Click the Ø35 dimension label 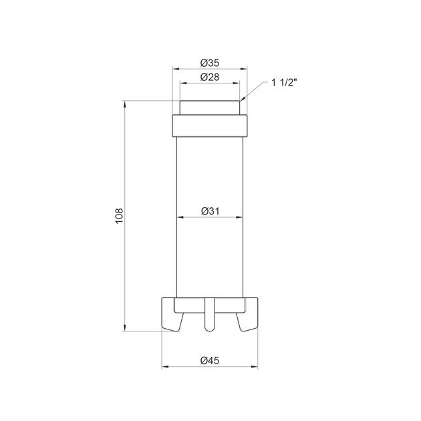coord(210,63)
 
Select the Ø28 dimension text coord(210,78)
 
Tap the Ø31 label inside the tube coord(210,211)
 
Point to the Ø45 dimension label coord(210,361)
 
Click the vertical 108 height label coord(119,216)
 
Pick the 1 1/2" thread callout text coord(284,82)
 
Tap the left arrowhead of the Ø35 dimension coord(176,69)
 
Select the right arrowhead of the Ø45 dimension coord(254,367)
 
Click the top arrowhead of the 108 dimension coord(124,104)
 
